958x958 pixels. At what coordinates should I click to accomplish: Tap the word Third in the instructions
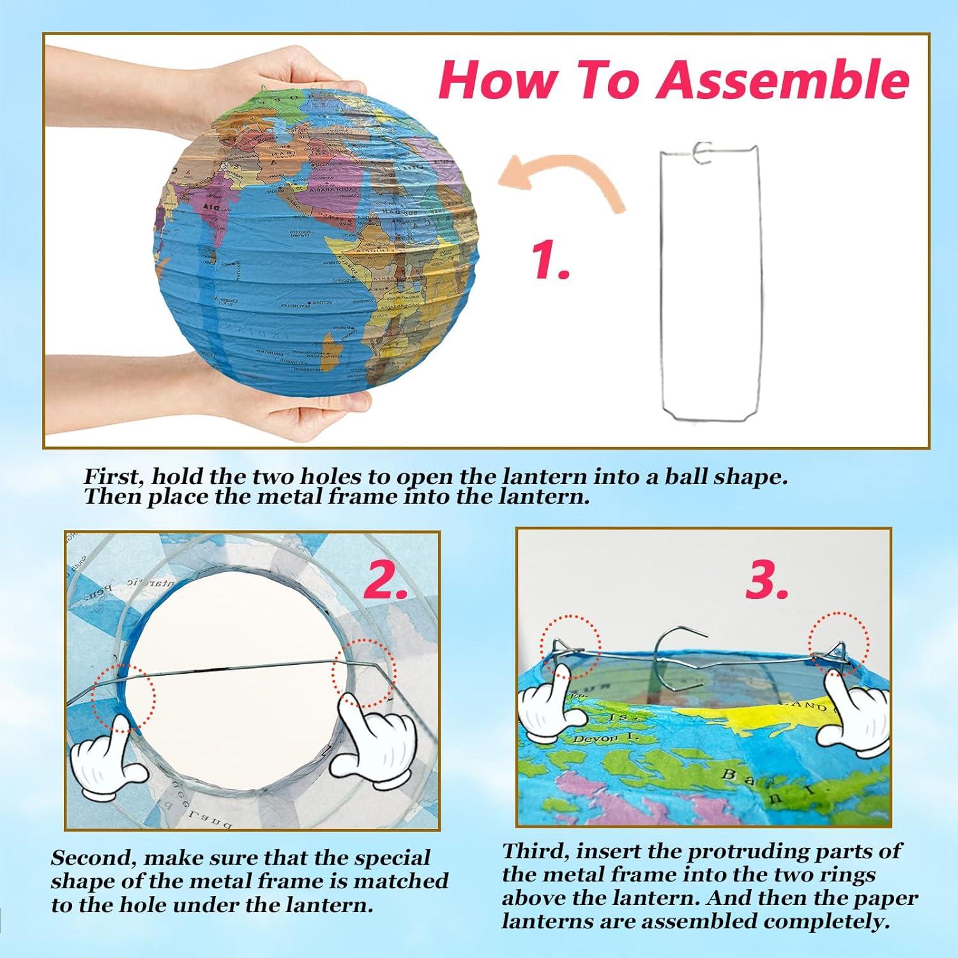tap(531, 851)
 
